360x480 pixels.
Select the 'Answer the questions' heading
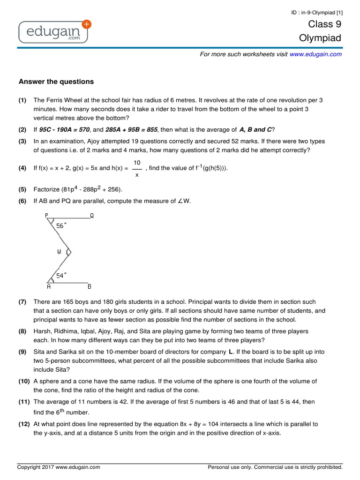click(x=56, y=82)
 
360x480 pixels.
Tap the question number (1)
click(x=22, y=100)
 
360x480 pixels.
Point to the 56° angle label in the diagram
click(x=61, y=225)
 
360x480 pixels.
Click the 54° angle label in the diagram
click(x=61, y=276)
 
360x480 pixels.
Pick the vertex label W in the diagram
click(x=60, y=252)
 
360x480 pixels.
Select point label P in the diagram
click(x=47, y=216)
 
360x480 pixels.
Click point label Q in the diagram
click(x=91, y=216)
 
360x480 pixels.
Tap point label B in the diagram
click(x=90, y=286)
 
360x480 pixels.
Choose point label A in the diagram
click(x=49, y=286)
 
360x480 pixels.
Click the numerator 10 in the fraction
click(x=137, y=162)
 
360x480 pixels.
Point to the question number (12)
click(x=24, y=424)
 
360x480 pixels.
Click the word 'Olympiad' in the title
click(x=320, y=38)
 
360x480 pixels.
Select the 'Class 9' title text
click(x=324, y=24)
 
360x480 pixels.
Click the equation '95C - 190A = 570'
click(x=65, y=129)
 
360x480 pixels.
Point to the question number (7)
click(x=22, y=302)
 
